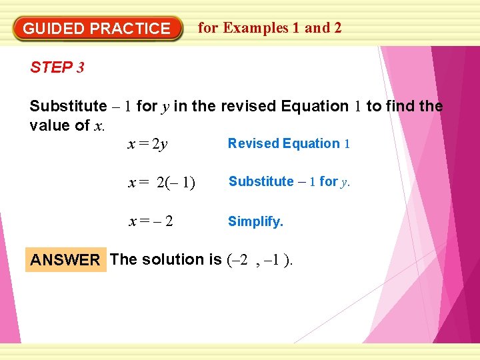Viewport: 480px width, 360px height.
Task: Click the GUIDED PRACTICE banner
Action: coord(97,29)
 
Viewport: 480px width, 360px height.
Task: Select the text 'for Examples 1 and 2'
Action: coord(270,28)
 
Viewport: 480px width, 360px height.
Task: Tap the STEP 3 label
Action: coord(57,67)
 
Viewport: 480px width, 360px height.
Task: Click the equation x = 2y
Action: coord(148,144)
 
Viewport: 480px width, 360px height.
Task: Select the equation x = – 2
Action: coord(151,221)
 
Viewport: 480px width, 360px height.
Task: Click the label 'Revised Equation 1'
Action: coord(289,143)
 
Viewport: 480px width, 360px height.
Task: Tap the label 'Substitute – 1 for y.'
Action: coord(289,181)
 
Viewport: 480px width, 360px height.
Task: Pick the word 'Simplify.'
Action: coord(255,221)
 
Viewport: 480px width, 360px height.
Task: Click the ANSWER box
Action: coord(65,260)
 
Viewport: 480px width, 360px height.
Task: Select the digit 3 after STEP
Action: coord(80,67)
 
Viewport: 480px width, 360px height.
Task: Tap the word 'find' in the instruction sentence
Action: coord(400,106)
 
